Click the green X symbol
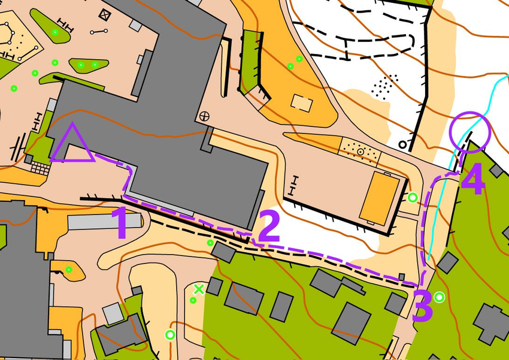199,289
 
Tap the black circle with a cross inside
205,115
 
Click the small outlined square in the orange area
301,102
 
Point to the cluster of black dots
384,86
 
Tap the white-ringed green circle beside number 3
440,297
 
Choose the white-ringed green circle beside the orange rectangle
412,197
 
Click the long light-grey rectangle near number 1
105,222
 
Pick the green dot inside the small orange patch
69,270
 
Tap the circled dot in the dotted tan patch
360,152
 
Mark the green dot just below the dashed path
210,243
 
